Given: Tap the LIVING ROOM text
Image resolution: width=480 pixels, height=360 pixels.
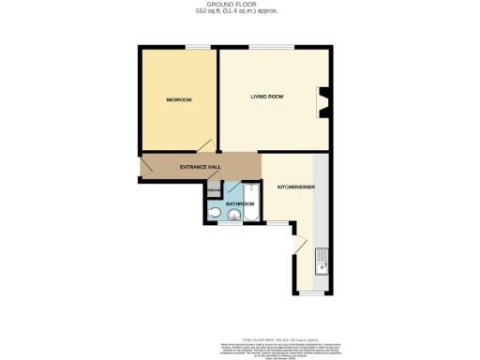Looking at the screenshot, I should (266, 96).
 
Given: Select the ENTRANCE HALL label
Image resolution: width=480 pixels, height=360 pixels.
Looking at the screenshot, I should (200, 166).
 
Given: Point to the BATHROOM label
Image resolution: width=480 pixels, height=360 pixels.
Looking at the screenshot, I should (239, 203).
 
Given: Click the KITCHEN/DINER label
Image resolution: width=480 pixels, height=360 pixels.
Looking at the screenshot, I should (295, 187).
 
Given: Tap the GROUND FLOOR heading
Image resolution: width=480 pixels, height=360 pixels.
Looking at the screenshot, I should (240, 5).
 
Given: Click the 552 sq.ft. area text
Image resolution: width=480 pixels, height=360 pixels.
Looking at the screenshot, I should (240, 12).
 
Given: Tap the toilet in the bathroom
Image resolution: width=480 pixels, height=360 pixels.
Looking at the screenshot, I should (215, 215).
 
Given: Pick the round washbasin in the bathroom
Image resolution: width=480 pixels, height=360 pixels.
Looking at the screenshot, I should (232, 217).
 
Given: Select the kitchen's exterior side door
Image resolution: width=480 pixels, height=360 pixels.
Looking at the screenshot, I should (297, 246).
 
